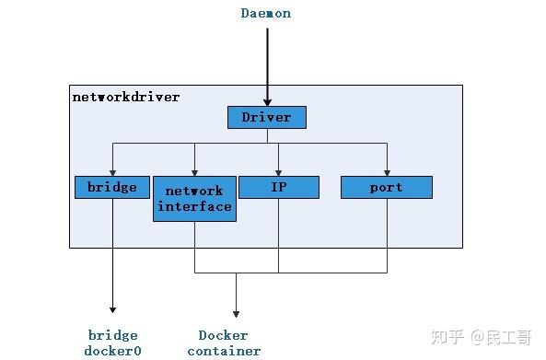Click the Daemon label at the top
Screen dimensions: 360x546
[x=266, y=13]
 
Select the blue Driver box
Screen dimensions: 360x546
[x=266, y=117]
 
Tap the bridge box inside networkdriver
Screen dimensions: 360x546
[x=112, y=187]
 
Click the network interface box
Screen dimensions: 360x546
[x=194, y=198]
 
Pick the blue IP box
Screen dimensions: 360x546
[x=279, y=187]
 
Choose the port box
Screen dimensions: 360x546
[x=387, y=187]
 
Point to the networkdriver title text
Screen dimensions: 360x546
[x=126, y=96]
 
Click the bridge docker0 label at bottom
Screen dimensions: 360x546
[x=113, y=343]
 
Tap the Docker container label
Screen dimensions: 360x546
[x=224, y=343]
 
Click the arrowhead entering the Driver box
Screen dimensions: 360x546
[x=267, y=102]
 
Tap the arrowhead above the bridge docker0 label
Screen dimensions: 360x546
[x=113, y=309]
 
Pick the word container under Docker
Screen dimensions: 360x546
[x=224, y=351]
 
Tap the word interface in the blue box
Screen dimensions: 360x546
[x=194, y=206]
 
